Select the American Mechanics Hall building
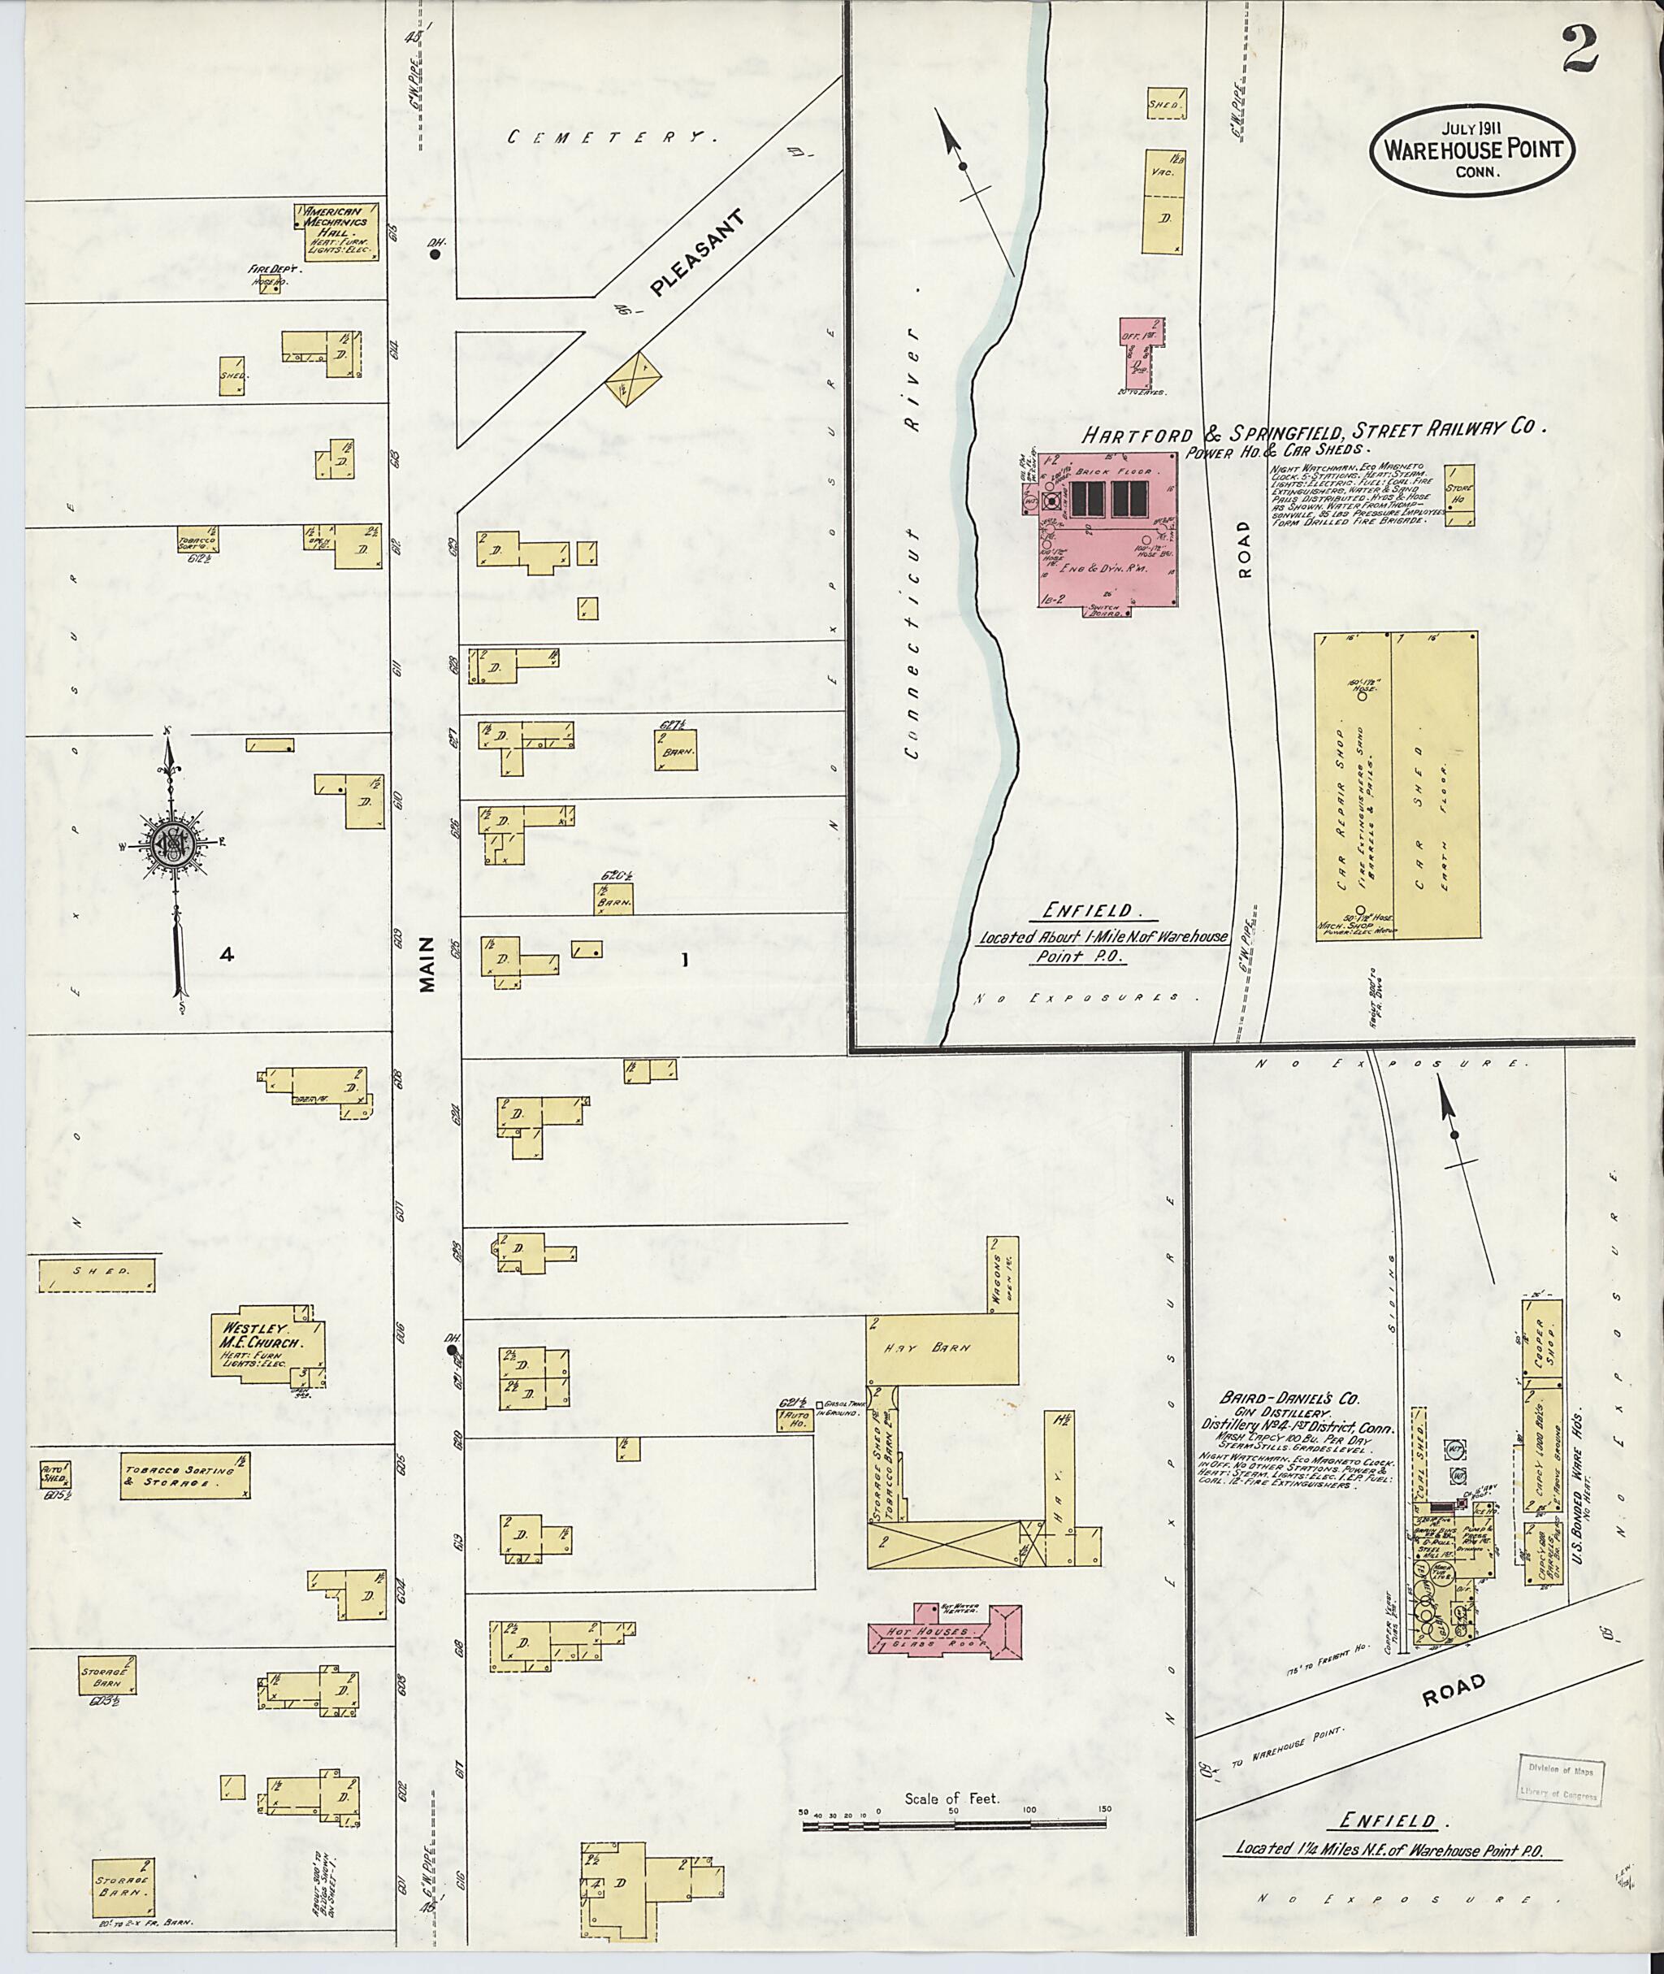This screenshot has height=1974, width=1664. [340, 230]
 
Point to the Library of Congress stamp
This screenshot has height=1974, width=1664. [1558, 1782]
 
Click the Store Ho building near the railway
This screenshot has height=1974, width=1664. [1460, 493]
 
